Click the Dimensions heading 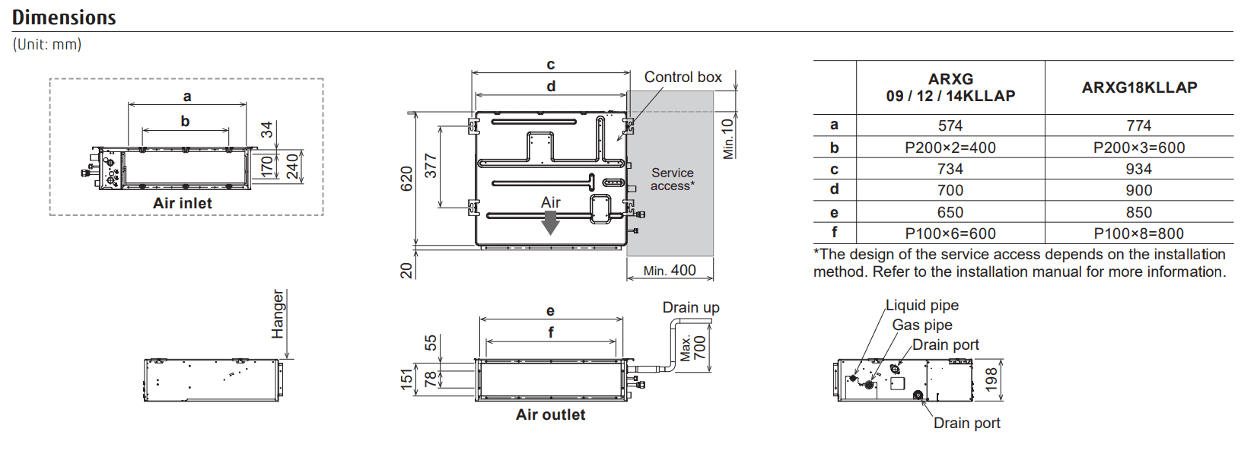tap(64, 17)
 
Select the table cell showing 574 tap(950, 125)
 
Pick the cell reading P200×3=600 tap(1138, 148)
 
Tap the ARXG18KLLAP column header tap(1139, 87)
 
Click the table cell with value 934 tap(1138, 169)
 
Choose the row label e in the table tap(834, 212)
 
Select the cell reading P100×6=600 tap(950, 233)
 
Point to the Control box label tap(683, 77)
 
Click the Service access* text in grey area tap(672, 179)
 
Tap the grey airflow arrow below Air tap(550, 222)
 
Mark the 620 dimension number tap(407, 179)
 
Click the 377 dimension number tap(431, 166)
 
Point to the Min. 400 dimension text tap(669, 270)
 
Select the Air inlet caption tap(183, 203)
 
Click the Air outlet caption tap(550, 414)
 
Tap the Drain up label tap(690, 307)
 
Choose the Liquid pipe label tap(921, 305)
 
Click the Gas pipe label tap(921, 325)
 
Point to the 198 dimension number tap(991, 379)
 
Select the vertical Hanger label tap(278, 314)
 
